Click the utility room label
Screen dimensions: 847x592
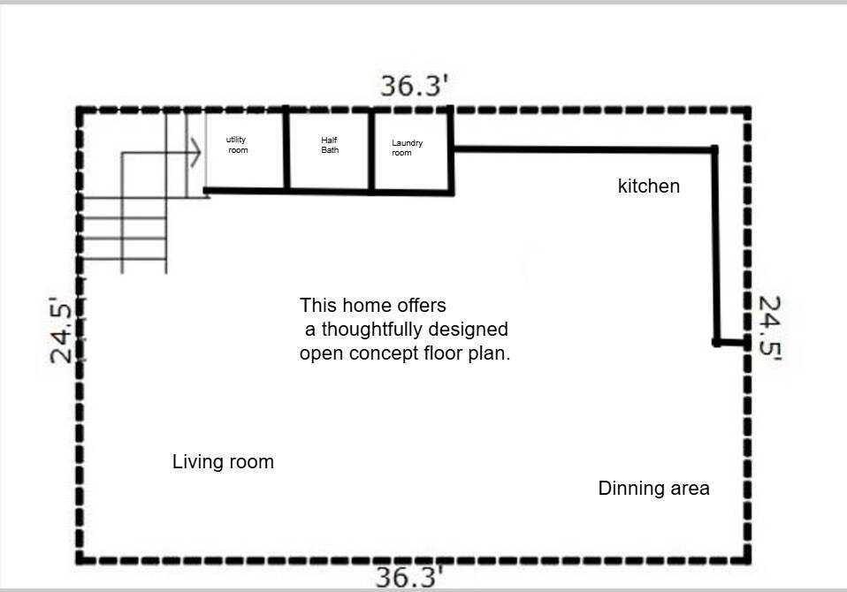tap(237, 145)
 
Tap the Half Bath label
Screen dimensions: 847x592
tap(330, 145)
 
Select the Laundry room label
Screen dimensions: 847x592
tap(408, 148)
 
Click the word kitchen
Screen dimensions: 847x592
tap(649, 186)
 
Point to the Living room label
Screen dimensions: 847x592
tap(223, 462)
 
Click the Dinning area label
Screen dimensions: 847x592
tap(653, 489)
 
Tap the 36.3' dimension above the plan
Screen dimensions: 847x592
tap(415, 86)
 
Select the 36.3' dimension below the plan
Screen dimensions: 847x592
tap(409, 577)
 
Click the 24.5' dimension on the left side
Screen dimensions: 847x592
tap(60, 330)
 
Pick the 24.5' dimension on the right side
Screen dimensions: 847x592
tap(770, 328)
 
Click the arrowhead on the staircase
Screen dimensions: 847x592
tap(195, 153)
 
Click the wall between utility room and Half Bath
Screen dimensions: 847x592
tap(286, 148)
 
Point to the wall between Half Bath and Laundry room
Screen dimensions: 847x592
tap(371, 150)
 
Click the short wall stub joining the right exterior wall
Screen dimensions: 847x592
tap(732, 343)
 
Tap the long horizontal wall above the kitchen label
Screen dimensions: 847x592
tap(584, 149)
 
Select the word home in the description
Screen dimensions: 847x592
tap(360, 306)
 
